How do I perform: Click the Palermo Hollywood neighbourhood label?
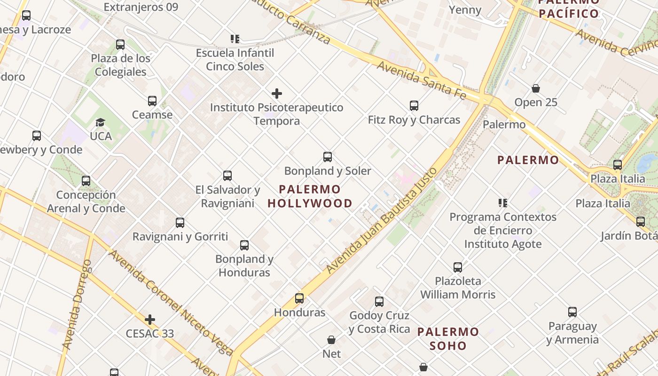[x=310, y=196]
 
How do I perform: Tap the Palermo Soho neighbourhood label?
[x=448, y=339]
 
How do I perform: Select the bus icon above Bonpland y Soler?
[x=328, y=157]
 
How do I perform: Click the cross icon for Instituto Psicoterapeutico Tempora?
[x=277, y=94]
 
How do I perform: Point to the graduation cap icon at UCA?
[x=100, y=123]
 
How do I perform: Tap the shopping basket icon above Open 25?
[x=535, y=88]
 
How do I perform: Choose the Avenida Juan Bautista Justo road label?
[x=382, y=220]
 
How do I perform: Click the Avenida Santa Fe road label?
[x=421, y=80]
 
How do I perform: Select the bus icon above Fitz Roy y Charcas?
[x=414, y=106]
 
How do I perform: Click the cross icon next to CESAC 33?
[x=150, y=320]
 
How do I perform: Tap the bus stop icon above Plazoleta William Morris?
[x=458, y=267]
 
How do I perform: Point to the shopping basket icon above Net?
[x=331, y=340]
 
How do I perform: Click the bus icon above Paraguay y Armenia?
[x=572, y=312]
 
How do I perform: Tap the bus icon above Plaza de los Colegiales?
[x=120, y=45]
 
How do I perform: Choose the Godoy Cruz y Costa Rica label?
[x=379, y=322]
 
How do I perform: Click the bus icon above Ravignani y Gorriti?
[x=180, y=223]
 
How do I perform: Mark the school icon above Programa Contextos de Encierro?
[x=503, y=203]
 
